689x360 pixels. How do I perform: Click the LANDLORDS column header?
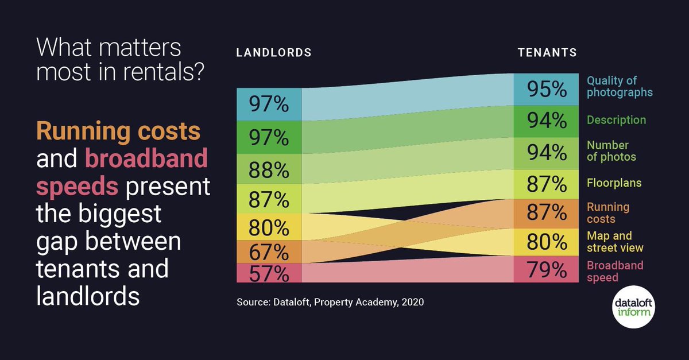(x=274, y=53)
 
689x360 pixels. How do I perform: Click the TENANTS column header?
(x=547, y=53)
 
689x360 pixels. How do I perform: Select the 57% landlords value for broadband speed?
(x=269, y=274)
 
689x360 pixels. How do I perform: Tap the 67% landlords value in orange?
(x=269, y=252)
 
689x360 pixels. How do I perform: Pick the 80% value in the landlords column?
(x=269, y=228)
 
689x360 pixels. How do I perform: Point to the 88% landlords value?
(x=269, y=170)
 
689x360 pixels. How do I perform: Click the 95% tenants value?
(x=547, y=90)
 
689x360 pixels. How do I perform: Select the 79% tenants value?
(x=547, y=270)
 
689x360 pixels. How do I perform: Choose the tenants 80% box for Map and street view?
(x=547, y=242)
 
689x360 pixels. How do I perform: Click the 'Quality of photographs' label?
(x=620, y=86)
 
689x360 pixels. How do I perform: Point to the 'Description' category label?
(x=616, y=120)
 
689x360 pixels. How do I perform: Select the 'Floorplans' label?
(x=614, y=183)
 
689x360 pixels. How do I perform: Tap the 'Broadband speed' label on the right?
(x=614, y=272)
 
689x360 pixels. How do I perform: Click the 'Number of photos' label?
(x=611, y=151)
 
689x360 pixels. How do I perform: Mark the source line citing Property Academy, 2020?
(x=330, y=301)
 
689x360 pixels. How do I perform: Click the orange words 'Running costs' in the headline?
(x=118, y=131)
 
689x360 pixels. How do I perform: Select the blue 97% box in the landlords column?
(x=269, y=104)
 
